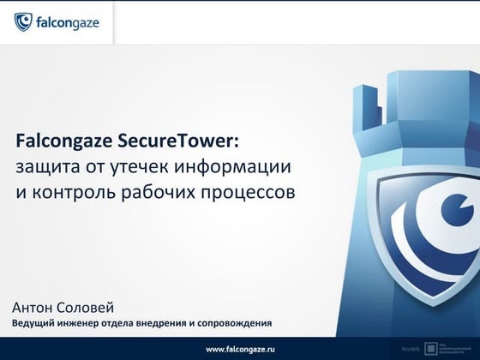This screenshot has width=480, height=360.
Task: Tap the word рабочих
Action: click(168, 190)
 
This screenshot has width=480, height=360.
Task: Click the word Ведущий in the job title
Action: click(33, 324)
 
